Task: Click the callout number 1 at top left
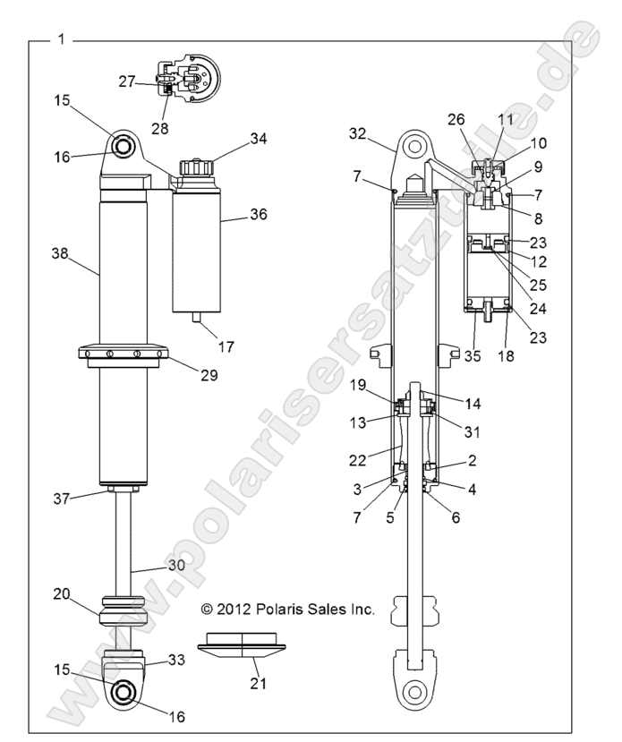(x=60, y=38)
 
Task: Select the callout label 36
(x=259, y=214)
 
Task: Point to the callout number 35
(x=473, y=355)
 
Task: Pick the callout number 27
(x=127, y=81)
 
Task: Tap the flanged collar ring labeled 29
(x=120, y=354)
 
